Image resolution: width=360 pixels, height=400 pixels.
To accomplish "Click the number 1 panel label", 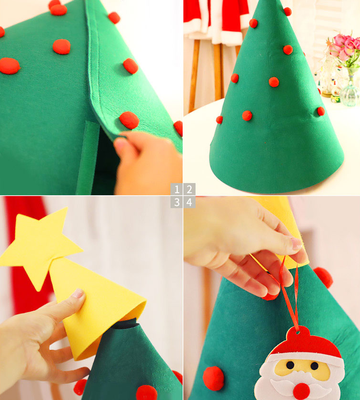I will pos(177,189).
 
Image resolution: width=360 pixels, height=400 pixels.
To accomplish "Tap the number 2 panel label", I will pos(189,189).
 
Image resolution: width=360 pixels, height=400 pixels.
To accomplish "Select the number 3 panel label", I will pos(177,202).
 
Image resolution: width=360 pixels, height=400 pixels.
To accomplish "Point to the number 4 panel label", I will pos(189,202).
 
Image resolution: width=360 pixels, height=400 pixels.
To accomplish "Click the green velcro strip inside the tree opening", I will pos(86,157).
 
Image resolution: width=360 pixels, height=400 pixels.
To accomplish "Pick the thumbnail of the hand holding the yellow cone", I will pos(77,294).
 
